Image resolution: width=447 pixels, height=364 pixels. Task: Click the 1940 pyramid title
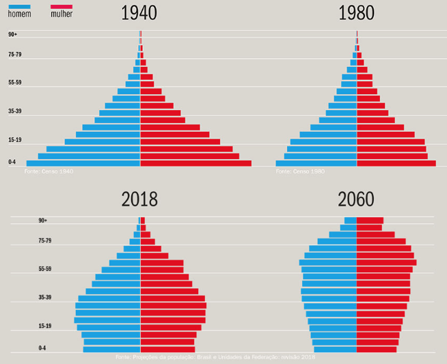(x=139, y=13)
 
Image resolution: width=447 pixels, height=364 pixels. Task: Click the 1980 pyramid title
(x=356, y=13)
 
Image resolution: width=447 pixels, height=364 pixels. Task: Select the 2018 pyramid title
(x=139, y=199)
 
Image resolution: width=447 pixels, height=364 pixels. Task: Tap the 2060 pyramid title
(x=356, y=199)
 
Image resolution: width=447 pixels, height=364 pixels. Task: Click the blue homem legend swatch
(x=19, y=6)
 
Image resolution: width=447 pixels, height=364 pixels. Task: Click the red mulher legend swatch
(x=62, y=6)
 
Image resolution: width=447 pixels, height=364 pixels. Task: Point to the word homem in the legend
(x=19, y=14)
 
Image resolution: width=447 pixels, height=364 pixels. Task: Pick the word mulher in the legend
(x=62, y=14)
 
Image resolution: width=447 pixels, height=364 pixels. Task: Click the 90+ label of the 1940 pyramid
(x=12, y=34)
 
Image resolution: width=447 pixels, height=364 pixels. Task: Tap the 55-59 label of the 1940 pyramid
(x=15, y=83)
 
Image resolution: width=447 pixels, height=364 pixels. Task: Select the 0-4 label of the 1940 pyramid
(x=12, y=162)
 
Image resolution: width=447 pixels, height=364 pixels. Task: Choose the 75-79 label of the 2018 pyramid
(x=45, y=240)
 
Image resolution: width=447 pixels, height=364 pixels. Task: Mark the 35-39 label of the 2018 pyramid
(x=45, y=297)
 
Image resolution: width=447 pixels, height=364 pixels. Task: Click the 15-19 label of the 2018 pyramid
(x=45, y=326)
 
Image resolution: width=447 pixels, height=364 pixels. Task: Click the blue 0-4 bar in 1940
(x=83, y=163)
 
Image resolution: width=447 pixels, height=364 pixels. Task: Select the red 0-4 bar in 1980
(x=396, y=163)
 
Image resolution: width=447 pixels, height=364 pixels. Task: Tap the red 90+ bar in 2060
(x=370, y=221)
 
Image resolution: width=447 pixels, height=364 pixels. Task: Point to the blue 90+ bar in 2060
(x=350, y=221)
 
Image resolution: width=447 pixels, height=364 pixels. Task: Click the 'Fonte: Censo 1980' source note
(x=300, y=171)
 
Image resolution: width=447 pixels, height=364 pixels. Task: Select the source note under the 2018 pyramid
(x=215, y=357)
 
